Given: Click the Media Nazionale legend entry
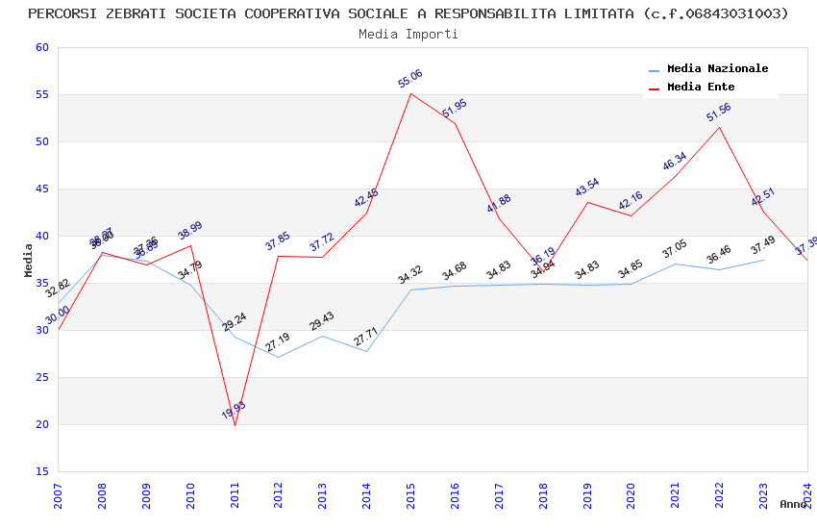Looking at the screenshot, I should coord(717,69).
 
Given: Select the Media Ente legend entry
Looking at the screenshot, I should coord(701,88).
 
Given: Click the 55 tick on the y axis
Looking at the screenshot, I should coord(39,95).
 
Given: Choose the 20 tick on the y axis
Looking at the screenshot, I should coord(39,424).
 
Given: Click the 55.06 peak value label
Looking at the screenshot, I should coord(410,79).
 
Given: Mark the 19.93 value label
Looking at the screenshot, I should coord(234,411).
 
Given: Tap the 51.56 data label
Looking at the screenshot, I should coord(719,113).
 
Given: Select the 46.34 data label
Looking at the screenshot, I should coord(675,162).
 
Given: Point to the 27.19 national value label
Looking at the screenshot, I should coord(278,342).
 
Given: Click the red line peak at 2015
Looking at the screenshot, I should coord(410,93).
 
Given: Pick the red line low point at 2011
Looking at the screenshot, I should coord(235,425).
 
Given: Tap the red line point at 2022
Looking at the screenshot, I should coord(719,127).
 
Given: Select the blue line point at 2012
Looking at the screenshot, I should coord(279,357).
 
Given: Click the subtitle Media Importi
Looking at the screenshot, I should coord(408,34).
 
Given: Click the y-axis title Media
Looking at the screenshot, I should coord(29,260).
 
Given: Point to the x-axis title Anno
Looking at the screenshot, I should coord(793,504).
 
